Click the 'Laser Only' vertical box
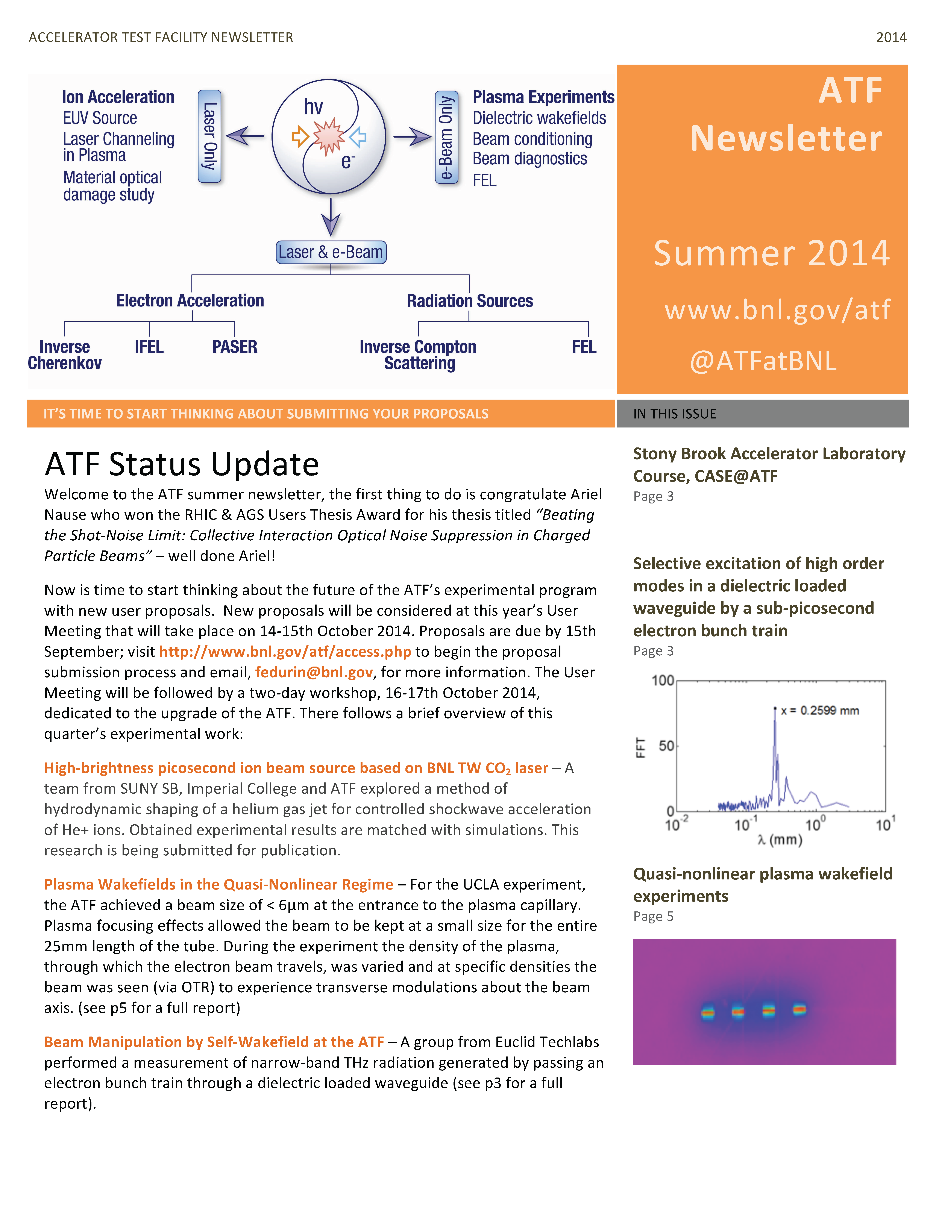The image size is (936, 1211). pyautogui.click(x=210, y=136)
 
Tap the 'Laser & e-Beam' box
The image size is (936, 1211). pyautogui.click(x=331, y=252)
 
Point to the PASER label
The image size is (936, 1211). pyautogui.click(x=235, y=347)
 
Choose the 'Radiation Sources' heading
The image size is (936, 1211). pyautogui.click(x=470, y=301)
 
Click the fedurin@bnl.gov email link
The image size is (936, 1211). pyautogui.click(x=314, y=673)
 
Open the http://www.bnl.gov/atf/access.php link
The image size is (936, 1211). pyautogui.click(x=285, y=652)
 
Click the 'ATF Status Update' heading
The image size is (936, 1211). pyautogui.click(x=182, y=464)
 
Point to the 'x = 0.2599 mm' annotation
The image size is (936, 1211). pyautogui.click(x=819, y=711)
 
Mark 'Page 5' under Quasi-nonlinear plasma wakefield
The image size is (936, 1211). pyautogui.click(x=653, y=917)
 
